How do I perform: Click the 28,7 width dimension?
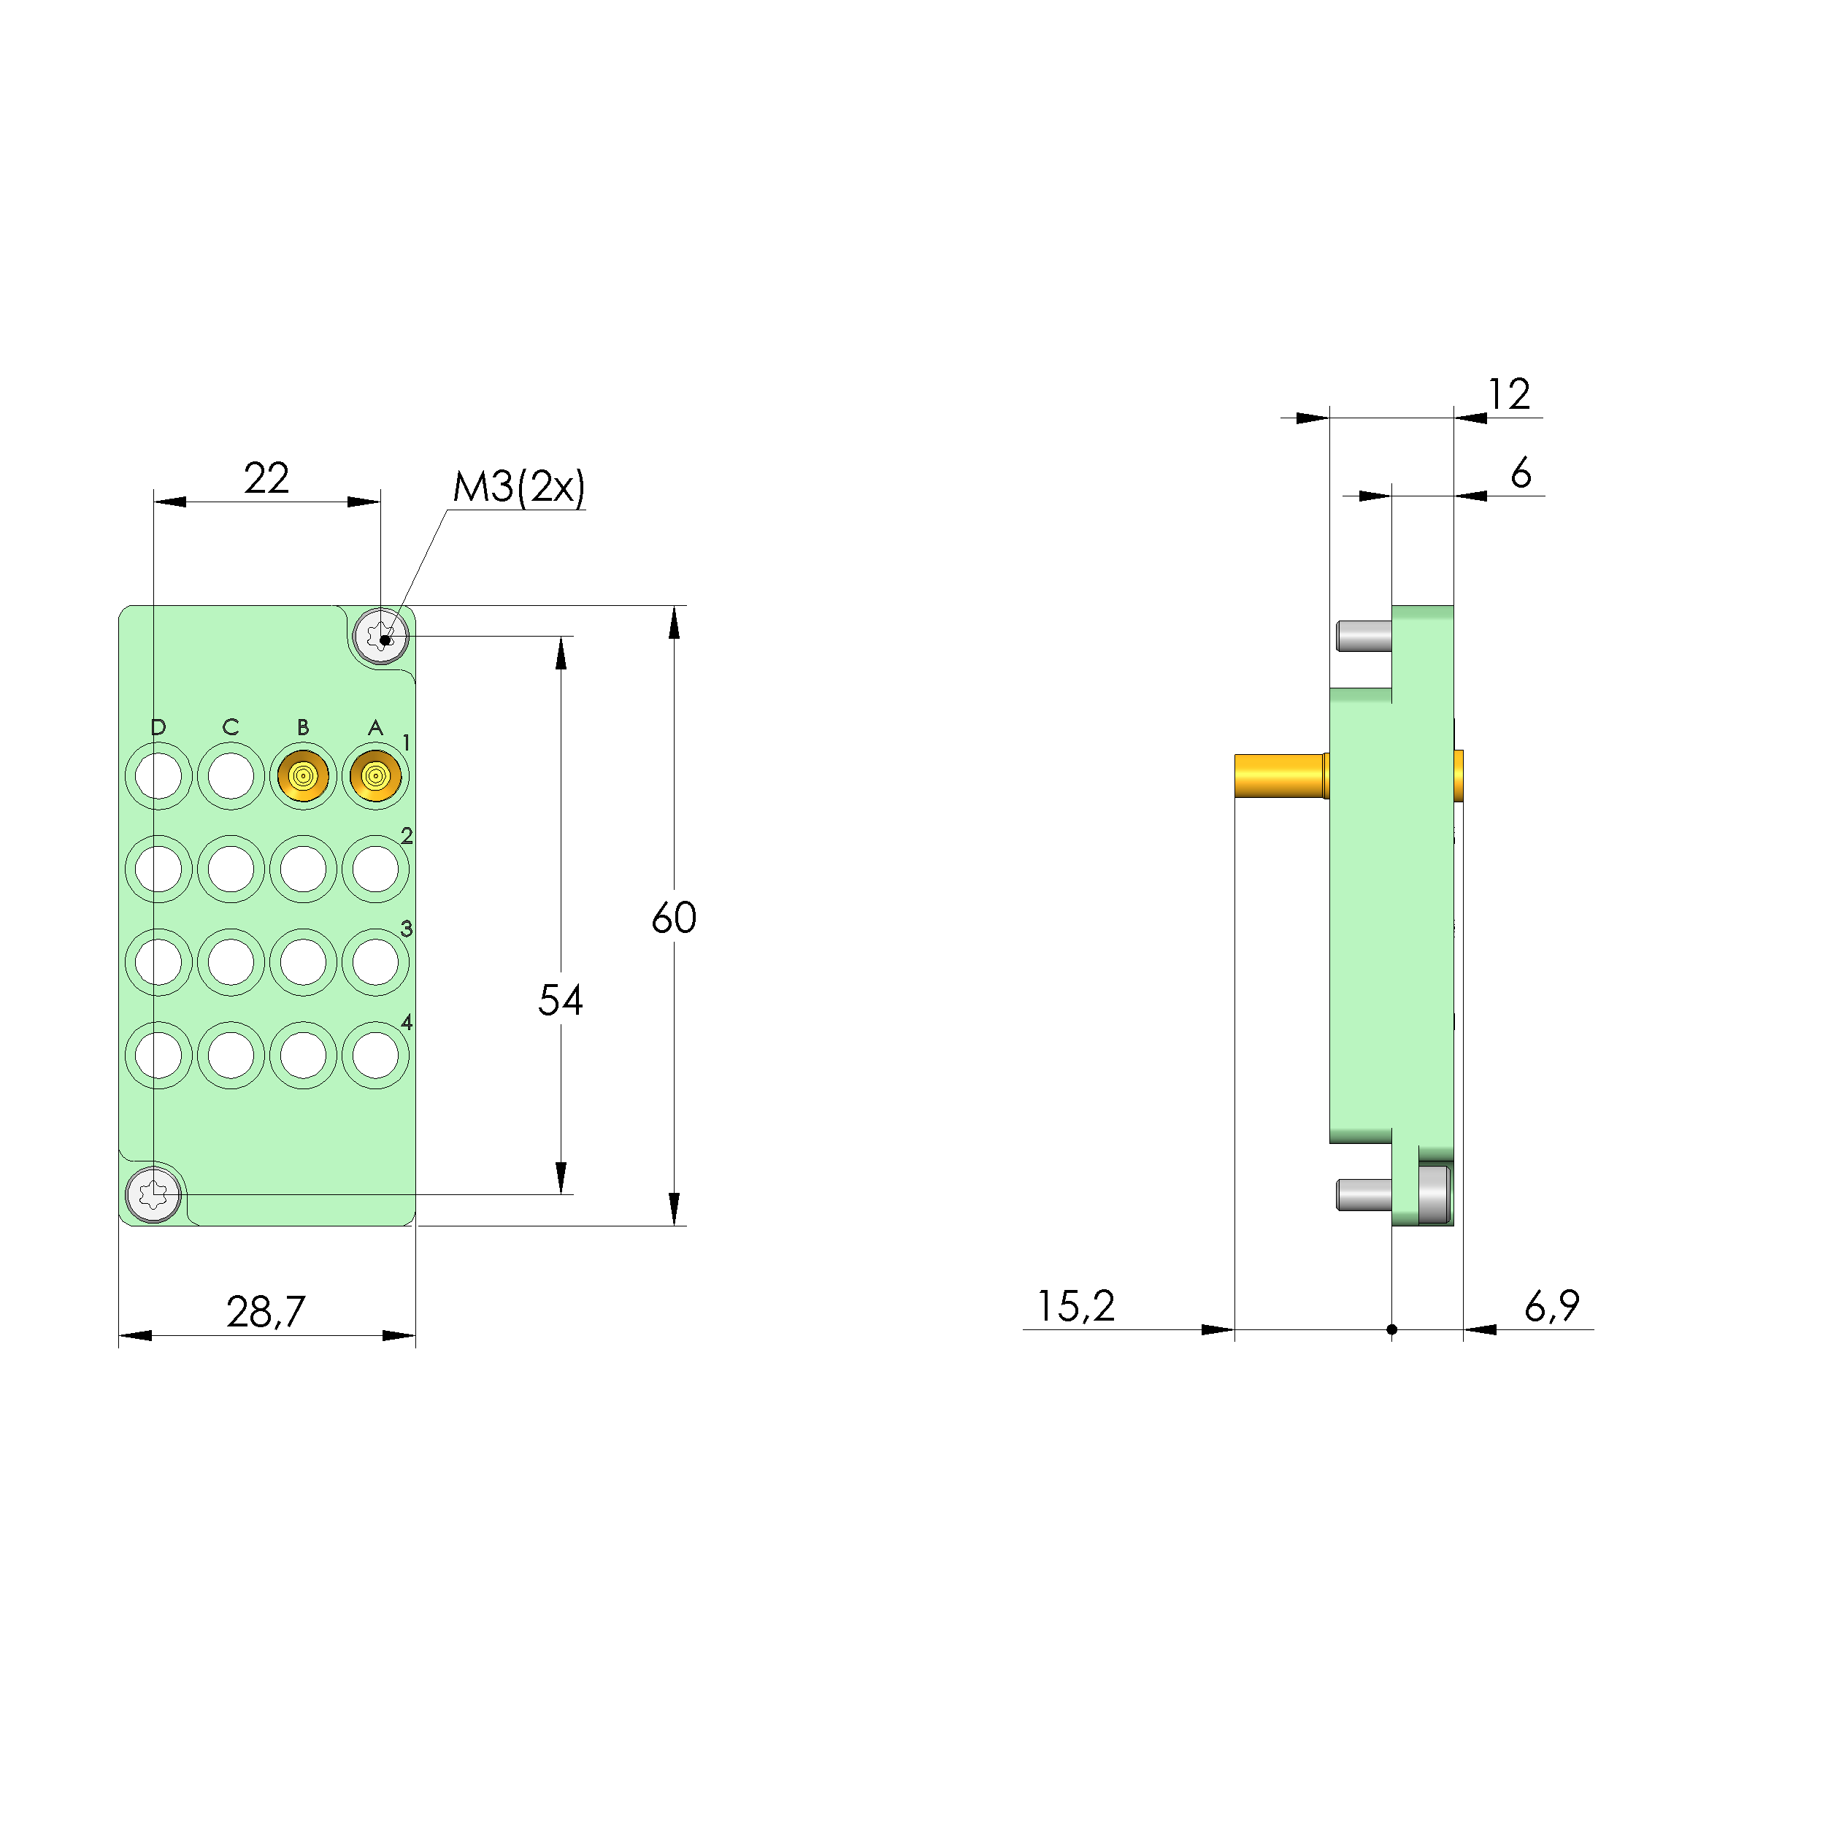(x=266, y=1311)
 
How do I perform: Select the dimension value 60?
(x=674, y=918)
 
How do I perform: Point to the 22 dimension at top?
(x=266, y=478)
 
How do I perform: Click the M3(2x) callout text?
(x=518, y=486)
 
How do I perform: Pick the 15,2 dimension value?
(x=1076, y=1306)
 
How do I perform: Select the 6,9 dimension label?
(x=1552, y=1306)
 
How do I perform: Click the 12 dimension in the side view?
(x=1508, y=394)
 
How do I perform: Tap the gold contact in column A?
(x=376, y=777)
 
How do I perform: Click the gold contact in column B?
(x=303, y=777)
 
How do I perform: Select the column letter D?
(x=158, y=726)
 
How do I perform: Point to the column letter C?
(x=230, y=726)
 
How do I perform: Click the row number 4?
(x=407, y=1022)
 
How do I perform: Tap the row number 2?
(x=407, y=835)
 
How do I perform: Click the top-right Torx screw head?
(x=380, y=636)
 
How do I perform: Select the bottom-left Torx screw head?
(x=153, y=1194)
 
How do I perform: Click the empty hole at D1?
(x=158, y=777)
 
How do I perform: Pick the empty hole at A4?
(x=376, y=1055)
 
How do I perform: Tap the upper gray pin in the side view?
(x=1364, y=636)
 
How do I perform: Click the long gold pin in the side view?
(x=1279, y=776)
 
